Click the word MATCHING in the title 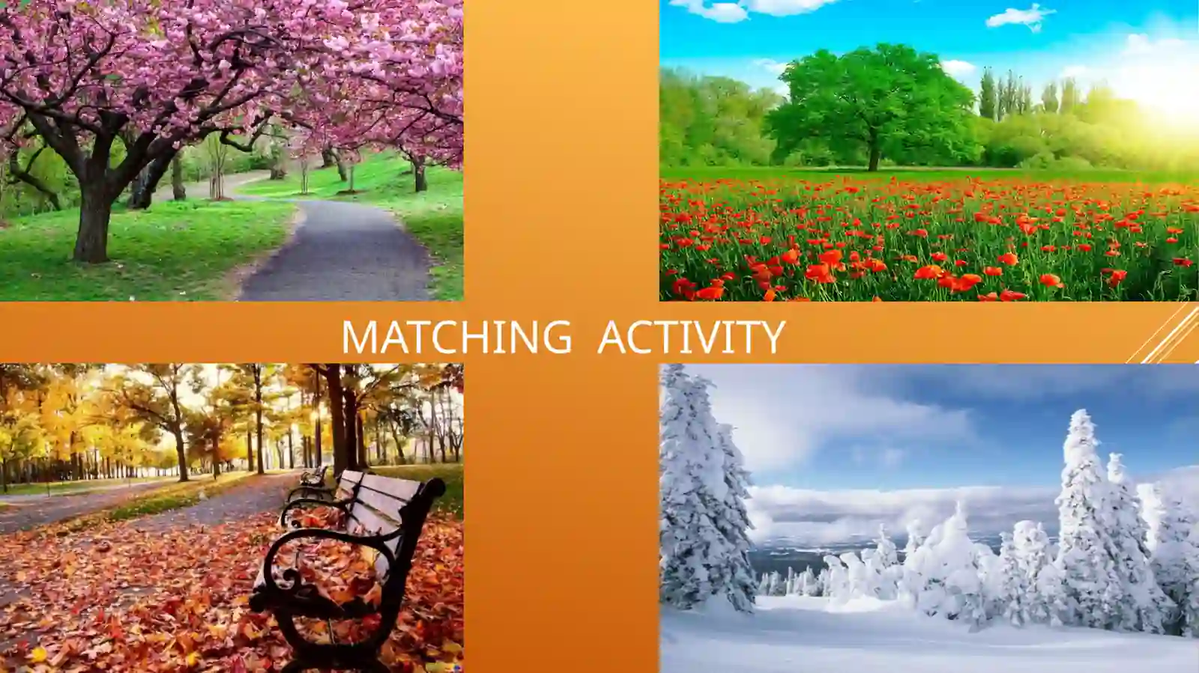[x=456, y=337]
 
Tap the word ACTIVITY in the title [x=692, y=337]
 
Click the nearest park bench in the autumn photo [x=348, y=567]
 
